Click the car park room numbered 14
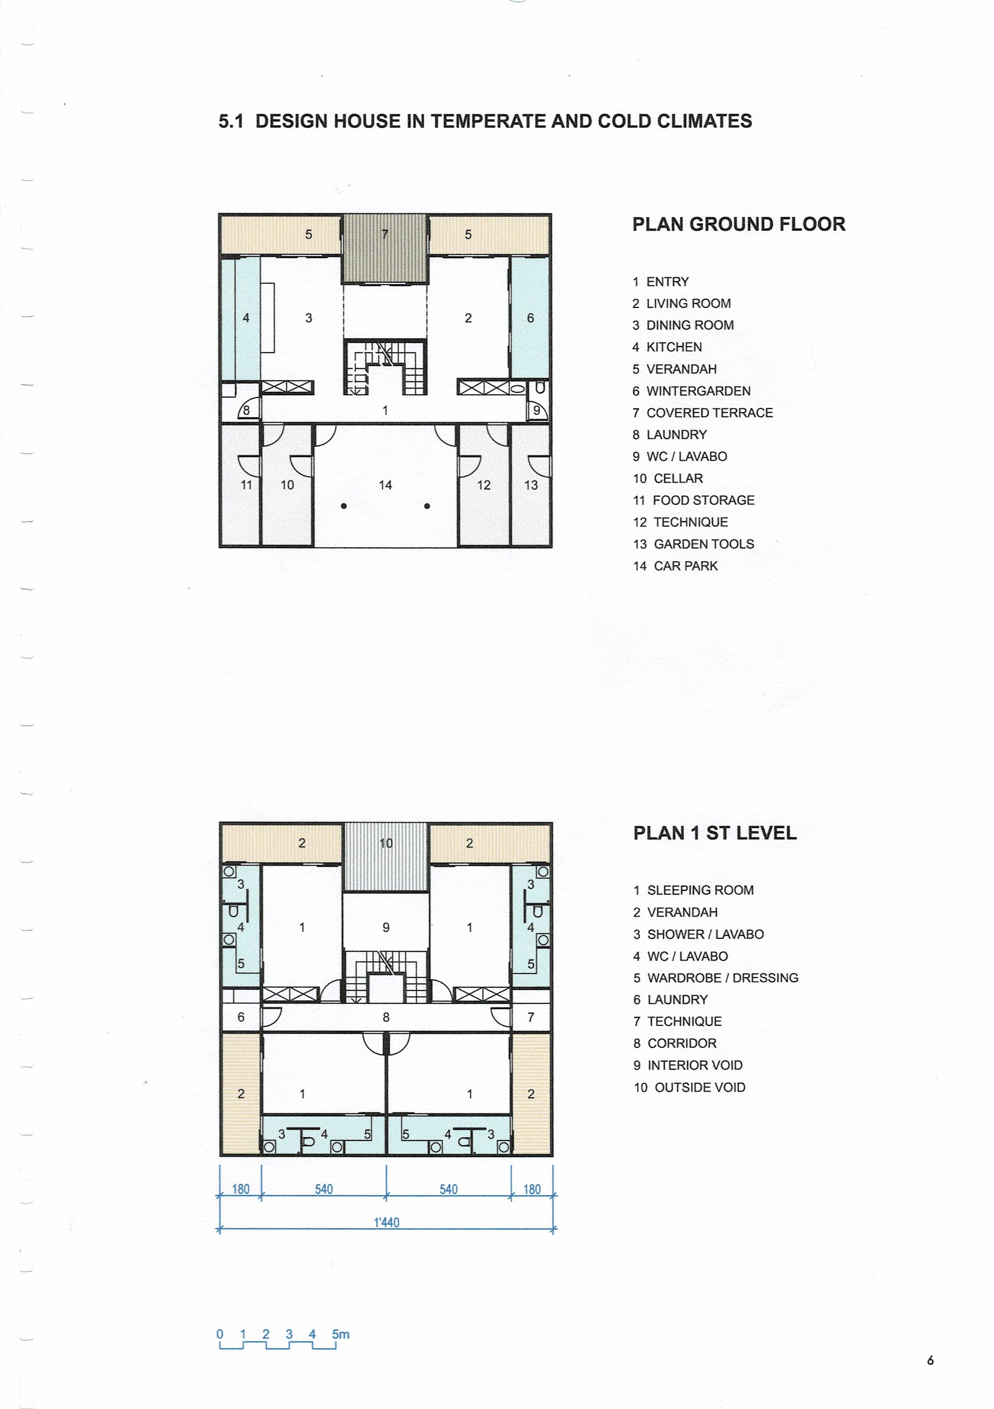[x=385, y=485]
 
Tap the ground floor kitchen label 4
[x=246, y=318]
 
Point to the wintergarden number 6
[x=530, y=318]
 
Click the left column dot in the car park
[x=344, y=506]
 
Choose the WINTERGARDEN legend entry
[x=691, y=391]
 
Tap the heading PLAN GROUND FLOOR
[x=739, y=224]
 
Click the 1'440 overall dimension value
[x=387, y=1223]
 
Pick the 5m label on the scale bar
[x=341, y=1334]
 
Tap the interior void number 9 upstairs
[x=386, y=927]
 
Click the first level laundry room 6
[x=241, y=1017]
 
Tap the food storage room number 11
[x=246, y=485]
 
